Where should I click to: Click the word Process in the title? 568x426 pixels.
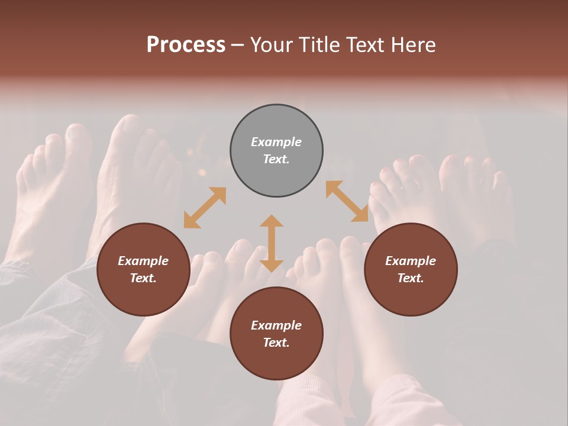coord(186,45)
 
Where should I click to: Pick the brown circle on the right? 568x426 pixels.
coord(411,293)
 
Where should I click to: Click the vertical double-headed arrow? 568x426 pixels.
coord(272,243)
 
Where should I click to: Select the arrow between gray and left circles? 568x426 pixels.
coord(205,208)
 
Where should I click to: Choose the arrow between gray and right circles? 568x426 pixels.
coord(347,201)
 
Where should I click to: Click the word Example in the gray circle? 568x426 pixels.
coord(276,142)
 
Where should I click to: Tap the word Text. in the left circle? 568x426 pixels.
coord(143,278)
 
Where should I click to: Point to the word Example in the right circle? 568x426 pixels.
coord(411,261)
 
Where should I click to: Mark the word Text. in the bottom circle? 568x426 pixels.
coord(276,343)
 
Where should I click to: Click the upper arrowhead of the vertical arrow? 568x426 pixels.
coord(272,222)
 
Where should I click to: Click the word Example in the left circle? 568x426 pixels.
coord(143,261)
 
